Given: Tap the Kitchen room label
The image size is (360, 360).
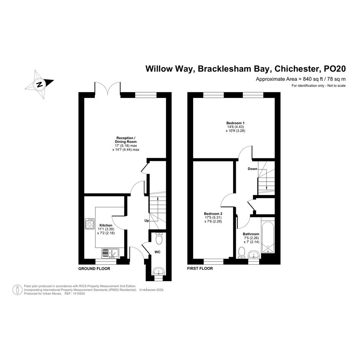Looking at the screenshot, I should coord(106,226).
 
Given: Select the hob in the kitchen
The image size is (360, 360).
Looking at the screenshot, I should coord(90,224).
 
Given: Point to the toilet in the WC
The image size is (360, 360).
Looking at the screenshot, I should coord(159,238).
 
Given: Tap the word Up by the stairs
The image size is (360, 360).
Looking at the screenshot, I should coord(146,221).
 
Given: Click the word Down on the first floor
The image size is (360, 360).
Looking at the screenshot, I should coord(252,169).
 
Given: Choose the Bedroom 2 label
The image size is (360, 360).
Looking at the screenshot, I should coord(213,214).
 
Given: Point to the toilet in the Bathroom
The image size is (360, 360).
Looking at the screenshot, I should coord(242,252).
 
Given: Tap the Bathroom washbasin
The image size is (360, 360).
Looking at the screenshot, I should coord(253,254).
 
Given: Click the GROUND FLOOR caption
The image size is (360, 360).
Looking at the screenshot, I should coord(94,269).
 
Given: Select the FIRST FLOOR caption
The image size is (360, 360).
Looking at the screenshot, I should coord(200,269).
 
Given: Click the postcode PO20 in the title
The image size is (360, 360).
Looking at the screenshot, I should coord(334,69).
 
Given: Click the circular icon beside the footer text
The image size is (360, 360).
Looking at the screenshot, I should coord(18,290).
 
